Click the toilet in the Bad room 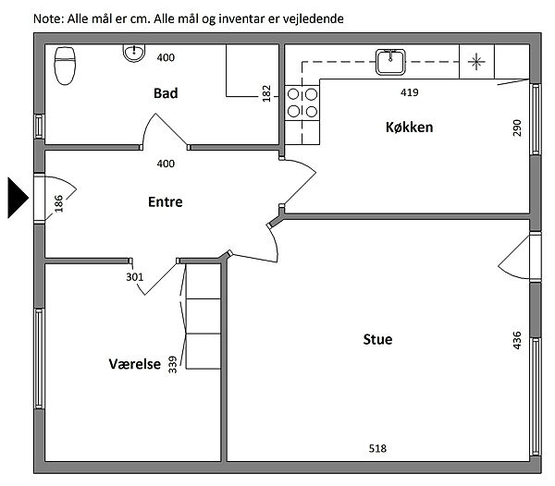65,66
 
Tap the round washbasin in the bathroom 134,53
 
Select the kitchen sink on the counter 390,62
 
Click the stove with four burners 302,103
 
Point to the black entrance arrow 18,198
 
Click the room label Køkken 409,128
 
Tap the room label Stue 377,339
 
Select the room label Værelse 134,364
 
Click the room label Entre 166,201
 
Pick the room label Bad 166,93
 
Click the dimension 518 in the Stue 377,448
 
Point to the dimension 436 517,340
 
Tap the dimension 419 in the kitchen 410,92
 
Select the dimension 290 517,128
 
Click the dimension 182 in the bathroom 266,93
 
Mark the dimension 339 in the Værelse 172,365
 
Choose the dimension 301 135,277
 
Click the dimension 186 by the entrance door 59,203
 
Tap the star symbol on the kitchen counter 476,62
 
